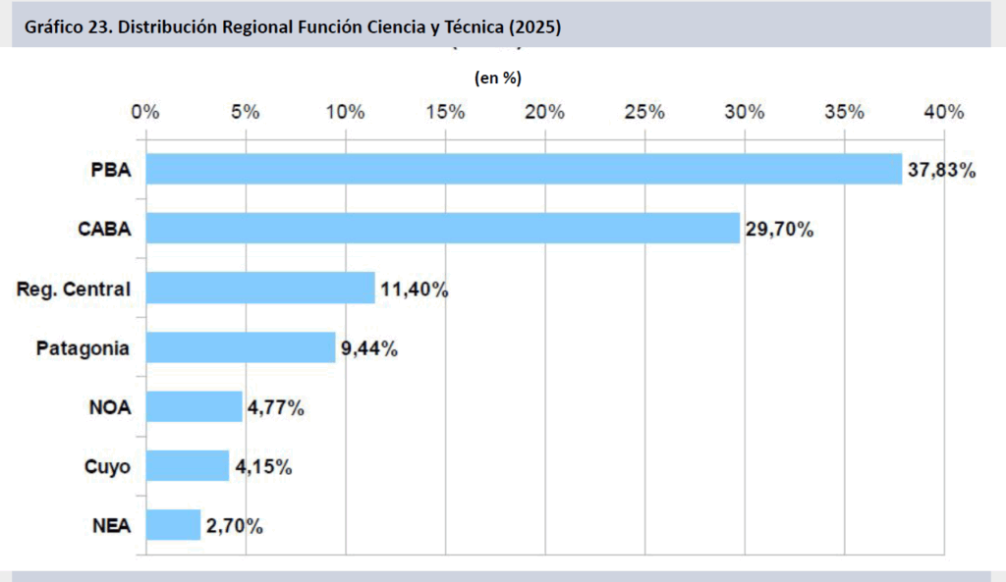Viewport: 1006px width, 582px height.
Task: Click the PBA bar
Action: click(x=524, y=169)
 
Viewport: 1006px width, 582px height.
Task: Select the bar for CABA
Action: click(x=442, y=229)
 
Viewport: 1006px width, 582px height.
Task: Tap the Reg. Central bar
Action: click(x=260, y=289)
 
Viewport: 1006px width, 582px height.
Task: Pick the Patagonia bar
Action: click(x=241, y=347)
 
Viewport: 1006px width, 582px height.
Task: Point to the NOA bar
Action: click(x=194, y=406)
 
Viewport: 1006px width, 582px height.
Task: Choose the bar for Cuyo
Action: click(x=188, y=465)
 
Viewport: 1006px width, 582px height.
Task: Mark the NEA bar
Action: click(x=173, y=524)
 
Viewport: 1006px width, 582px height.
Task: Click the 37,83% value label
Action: click(x=941, y=171)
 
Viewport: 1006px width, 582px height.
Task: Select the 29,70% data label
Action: click(x=779, y=230)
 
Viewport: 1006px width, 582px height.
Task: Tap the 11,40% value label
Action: click(x=414, y=290)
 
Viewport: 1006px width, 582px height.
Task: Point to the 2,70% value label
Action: click(x=234, y=526)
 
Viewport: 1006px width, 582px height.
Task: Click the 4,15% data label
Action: click(x=262, y=467)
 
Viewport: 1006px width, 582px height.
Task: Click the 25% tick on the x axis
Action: click(x=644, y=112)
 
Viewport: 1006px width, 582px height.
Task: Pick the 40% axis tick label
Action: click(x=944, y=112)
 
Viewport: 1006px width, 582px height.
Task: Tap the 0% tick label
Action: click(x=145, y=112)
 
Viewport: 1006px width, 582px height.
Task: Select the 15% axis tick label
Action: click(x=445, y=112)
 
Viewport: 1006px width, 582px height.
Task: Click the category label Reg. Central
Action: click(x=74, y=290)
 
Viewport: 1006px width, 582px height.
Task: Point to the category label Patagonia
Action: click(x=83, y=348)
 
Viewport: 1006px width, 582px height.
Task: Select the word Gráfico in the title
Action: click(x=53, y=27)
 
